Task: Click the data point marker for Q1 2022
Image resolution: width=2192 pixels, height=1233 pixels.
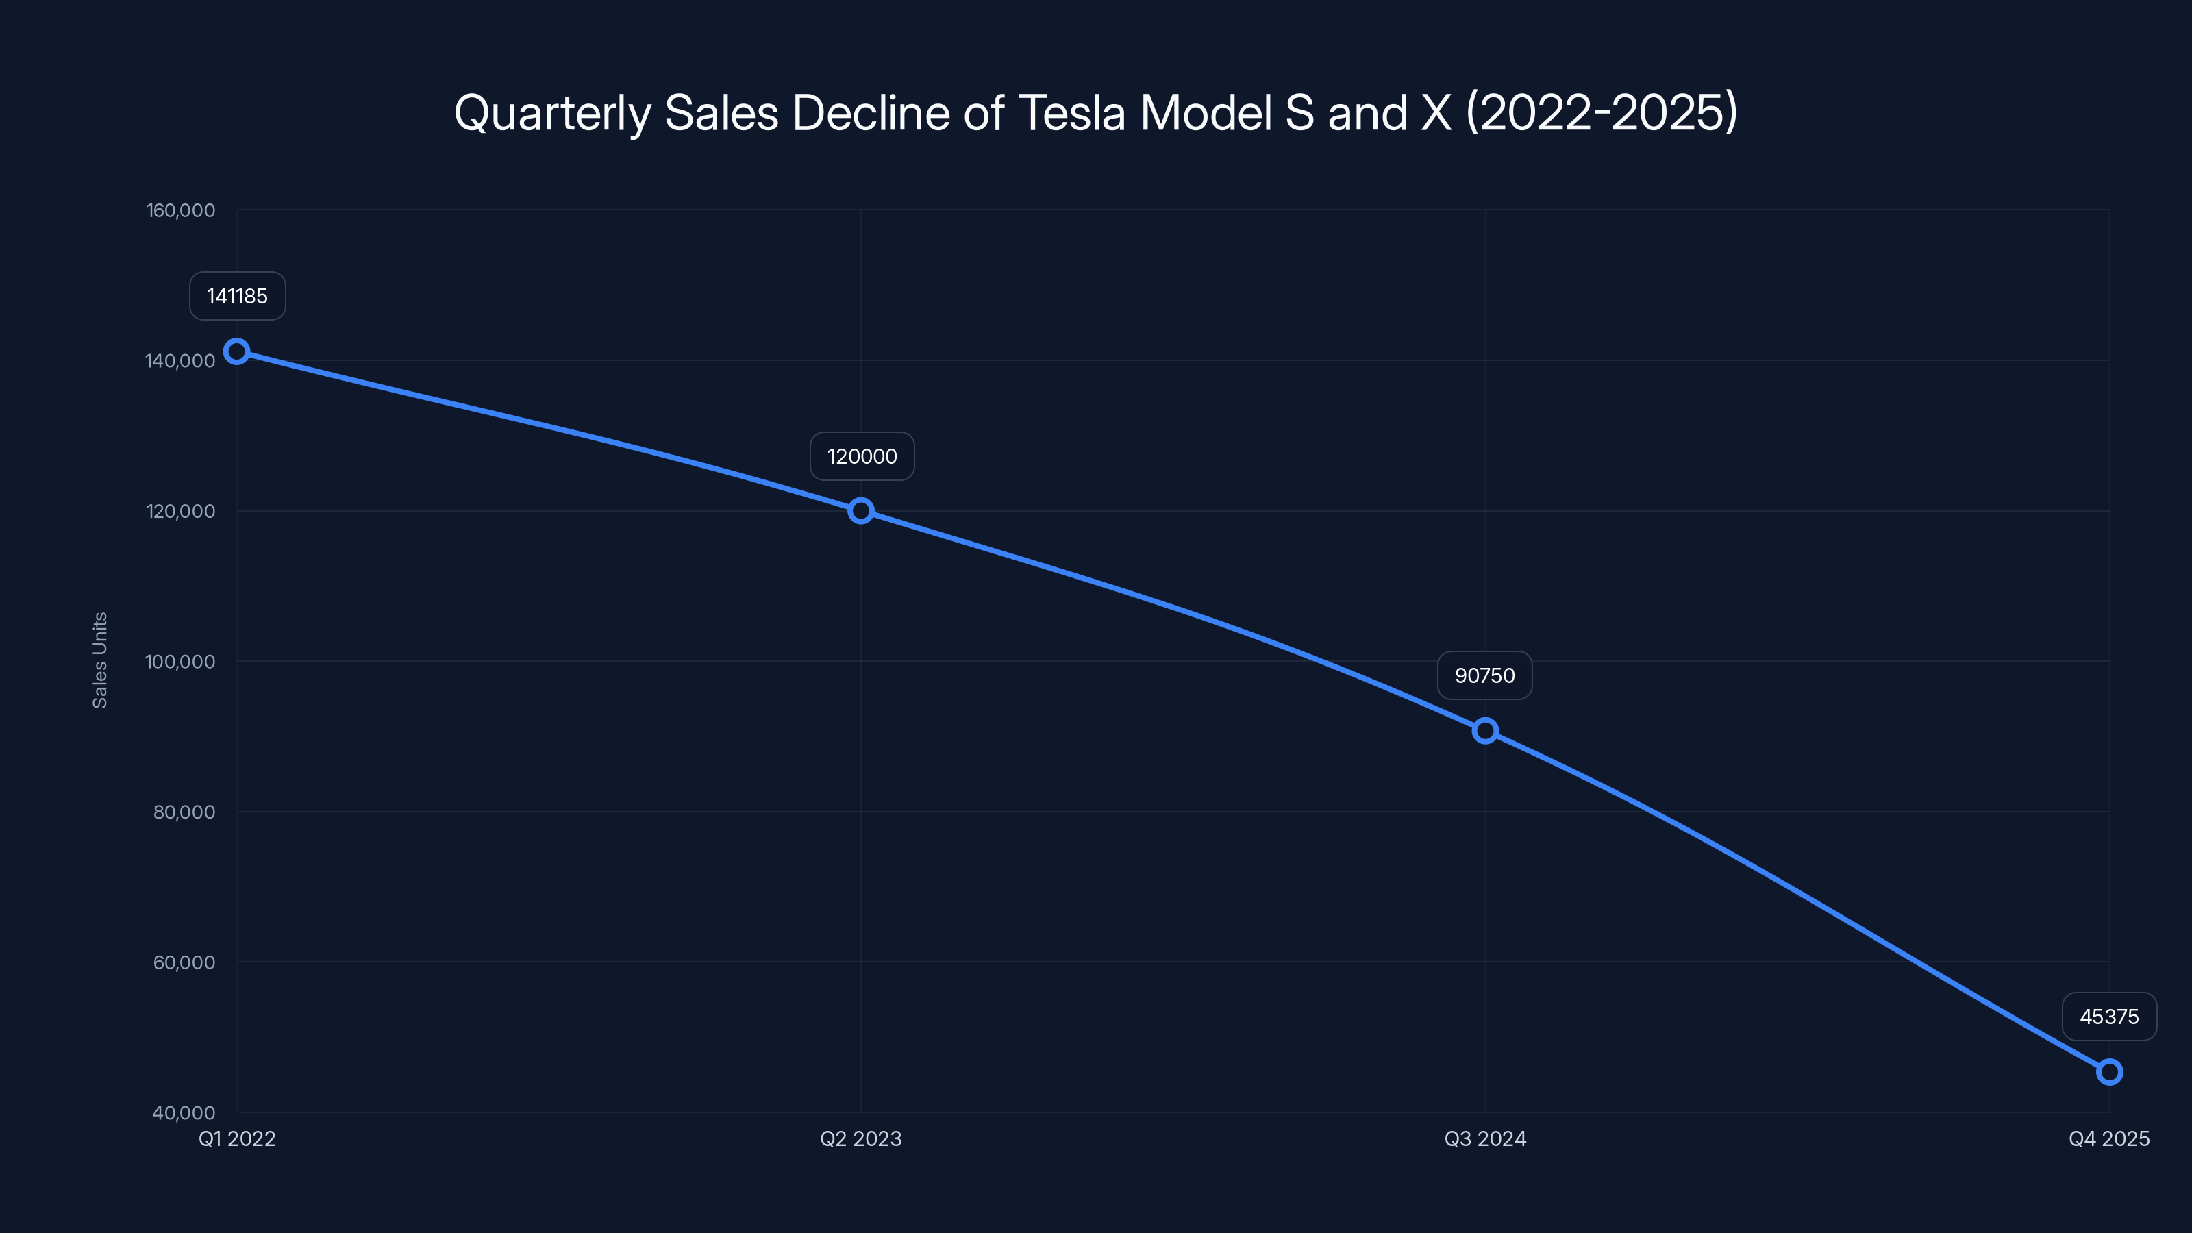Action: click(236, 351)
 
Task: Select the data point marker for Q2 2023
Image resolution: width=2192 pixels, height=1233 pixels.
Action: click(860, 510)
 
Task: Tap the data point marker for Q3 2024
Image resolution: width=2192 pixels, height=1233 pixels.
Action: click(1485, 731)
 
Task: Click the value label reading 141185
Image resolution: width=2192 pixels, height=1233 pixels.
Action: click(238, 296)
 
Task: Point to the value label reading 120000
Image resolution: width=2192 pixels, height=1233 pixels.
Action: click(862, 456)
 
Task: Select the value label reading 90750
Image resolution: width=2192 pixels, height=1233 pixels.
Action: click(1485, 675)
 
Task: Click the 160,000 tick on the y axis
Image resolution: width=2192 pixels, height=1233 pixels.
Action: click(180, 210)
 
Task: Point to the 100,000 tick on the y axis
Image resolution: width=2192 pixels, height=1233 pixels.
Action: click(180, 661)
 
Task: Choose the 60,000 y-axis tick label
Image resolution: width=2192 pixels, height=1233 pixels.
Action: click(184, 962)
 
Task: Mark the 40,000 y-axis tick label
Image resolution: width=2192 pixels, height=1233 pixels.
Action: click(184, 1112)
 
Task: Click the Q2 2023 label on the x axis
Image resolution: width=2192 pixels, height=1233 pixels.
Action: click(860, 1138)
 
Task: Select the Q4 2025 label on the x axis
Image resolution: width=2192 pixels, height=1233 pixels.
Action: click(2108, 1138)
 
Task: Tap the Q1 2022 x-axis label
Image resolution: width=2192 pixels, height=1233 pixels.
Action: click(238, 1138)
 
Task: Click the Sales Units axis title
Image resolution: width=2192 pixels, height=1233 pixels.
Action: click(99, 660)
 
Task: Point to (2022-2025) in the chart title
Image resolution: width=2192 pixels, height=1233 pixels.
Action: click(1602, 113)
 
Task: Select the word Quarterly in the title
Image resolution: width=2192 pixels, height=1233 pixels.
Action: click(552, 113)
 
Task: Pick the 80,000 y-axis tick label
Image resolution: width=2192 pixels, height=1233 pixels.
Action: click(184, 812)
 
